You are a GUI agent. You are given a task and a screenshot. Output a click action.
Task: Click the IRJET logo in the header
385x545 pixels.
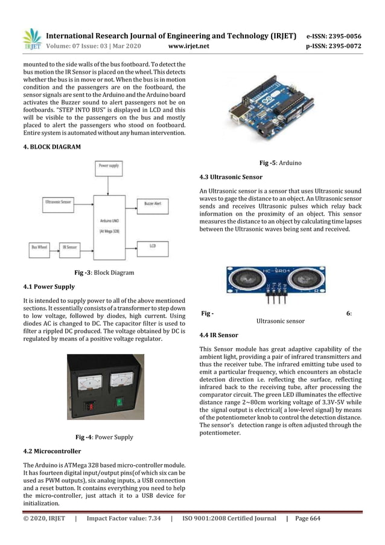31,39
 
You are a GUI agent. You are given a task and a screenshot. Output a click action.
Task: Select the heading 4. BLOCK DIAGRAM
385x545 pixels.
48,146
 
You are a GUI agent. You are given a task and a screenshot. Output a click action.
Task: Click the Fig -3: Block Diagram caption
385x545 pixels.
104,273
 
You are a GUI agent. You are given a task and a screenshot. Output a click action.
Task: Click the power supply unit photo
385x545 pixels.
106,387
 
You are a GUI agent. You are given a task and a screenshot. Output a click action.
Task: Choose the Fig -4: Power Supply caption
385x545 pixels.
104,437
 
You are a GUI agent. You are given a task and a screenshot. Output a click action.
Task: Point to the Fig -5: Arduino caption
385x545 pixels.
280,163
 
